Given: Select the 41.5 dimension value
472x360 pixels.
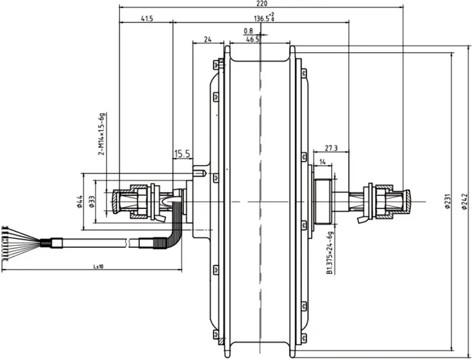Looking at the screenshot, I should [147, 19].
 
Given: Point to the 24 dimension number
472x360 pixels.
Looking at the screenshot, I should [208, 39].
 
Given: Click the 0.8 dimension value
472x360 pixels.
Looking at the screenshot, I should [248, 31].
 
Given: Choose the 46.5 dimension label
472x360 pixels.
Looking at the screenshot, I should [253, 39].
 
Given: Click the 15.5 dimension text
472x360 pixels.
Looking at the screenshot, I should [182, 153].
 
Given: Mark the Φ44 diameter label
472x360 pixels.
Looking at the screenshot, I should [81, 201].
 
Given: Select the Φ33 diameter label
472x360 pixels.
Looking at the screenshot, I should [92, 201].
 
